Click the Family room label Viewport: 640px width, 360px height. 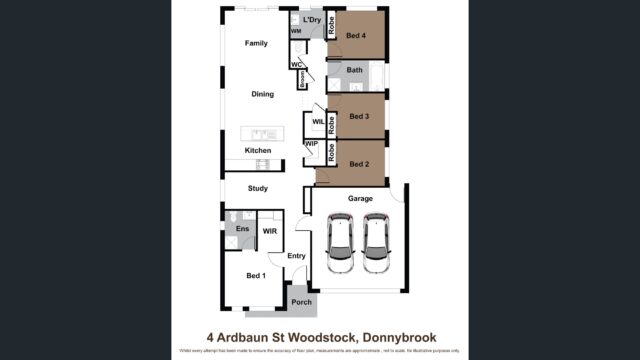[x=257, y=44]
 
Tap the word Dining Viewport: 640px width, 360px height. [x=262, y=94]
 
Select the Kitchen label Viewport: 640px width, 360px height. [x=258, y=150]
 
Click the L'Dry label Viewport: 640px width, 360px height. [x=311, y=19]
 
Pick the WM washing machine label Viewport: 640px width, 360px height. [x=296, y=32]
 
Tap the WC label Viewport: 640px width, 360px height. [x=296, y=65]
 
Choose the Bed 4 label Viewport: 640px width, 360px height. [x=357, y=36]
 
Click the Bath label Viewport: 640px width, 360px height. [x=355, y=71]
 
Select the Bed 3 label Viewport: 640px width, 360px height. [x=360, y=116]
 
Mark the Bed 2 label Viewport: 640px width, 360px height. [x=360, y=162]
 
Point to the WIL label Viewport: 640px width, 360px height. [x=318, y=122]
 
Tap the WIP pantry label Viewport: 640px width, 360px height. [x=311, y=144]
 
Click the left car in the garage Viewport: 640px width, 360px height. [x=341, y=246]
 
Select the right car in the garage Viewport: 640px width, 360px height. [x=377, y=246]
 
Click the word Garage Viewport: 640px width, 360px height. [x=360, y=199]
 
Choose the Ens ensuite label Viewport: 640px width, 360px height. [x=241, y=229]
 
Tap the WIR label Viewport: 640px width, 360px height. [x=269, y=231]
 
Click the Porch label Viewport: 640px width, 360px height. [x=301, y=301]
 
